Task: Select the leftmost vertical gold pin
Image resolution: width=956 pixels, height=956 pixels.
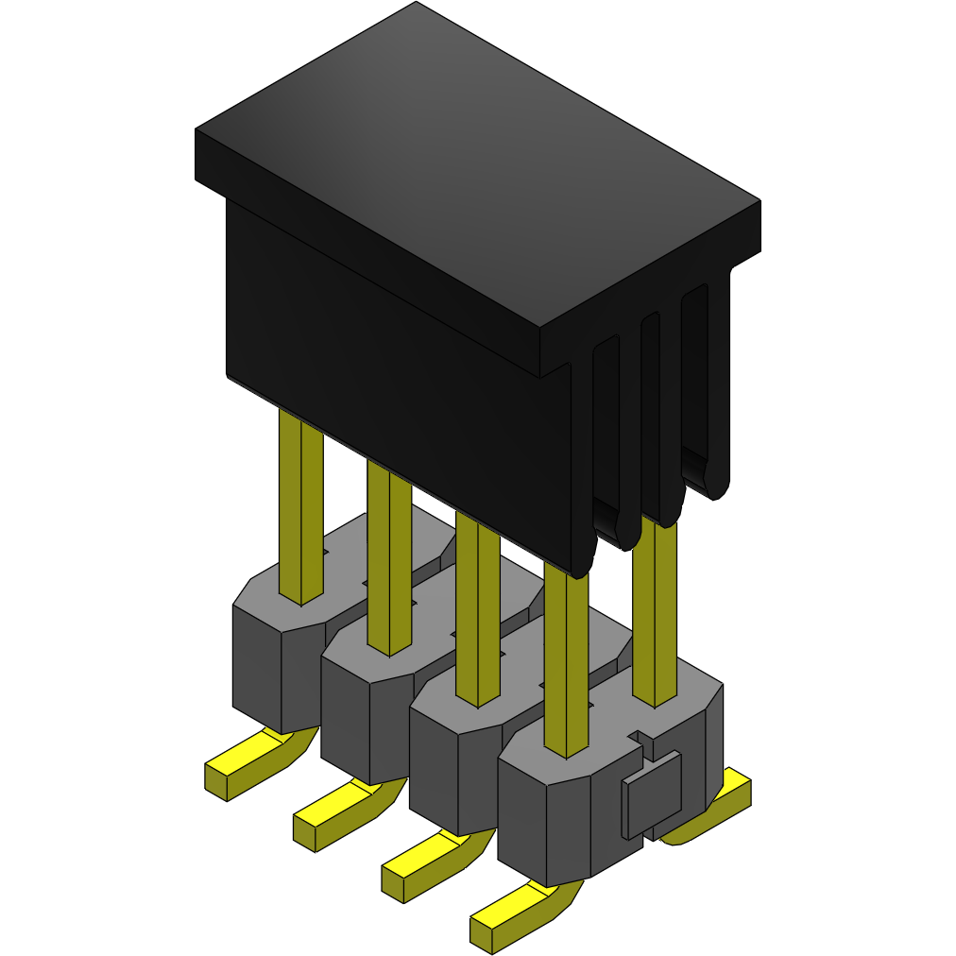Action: pyautogui.click(x=300, y=510)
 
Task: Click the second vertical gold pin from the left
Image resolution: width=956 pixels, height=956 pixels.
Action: pyautogui.click(x=388, y=567)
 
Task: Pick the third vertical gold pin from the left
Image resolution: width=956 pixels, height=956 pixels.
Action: pyautogui.click(x=477, y=614)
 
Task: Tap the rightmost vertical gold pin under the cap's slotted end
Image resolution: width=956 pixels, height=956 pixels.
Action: pyautogui.click(x=654, y=614)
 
